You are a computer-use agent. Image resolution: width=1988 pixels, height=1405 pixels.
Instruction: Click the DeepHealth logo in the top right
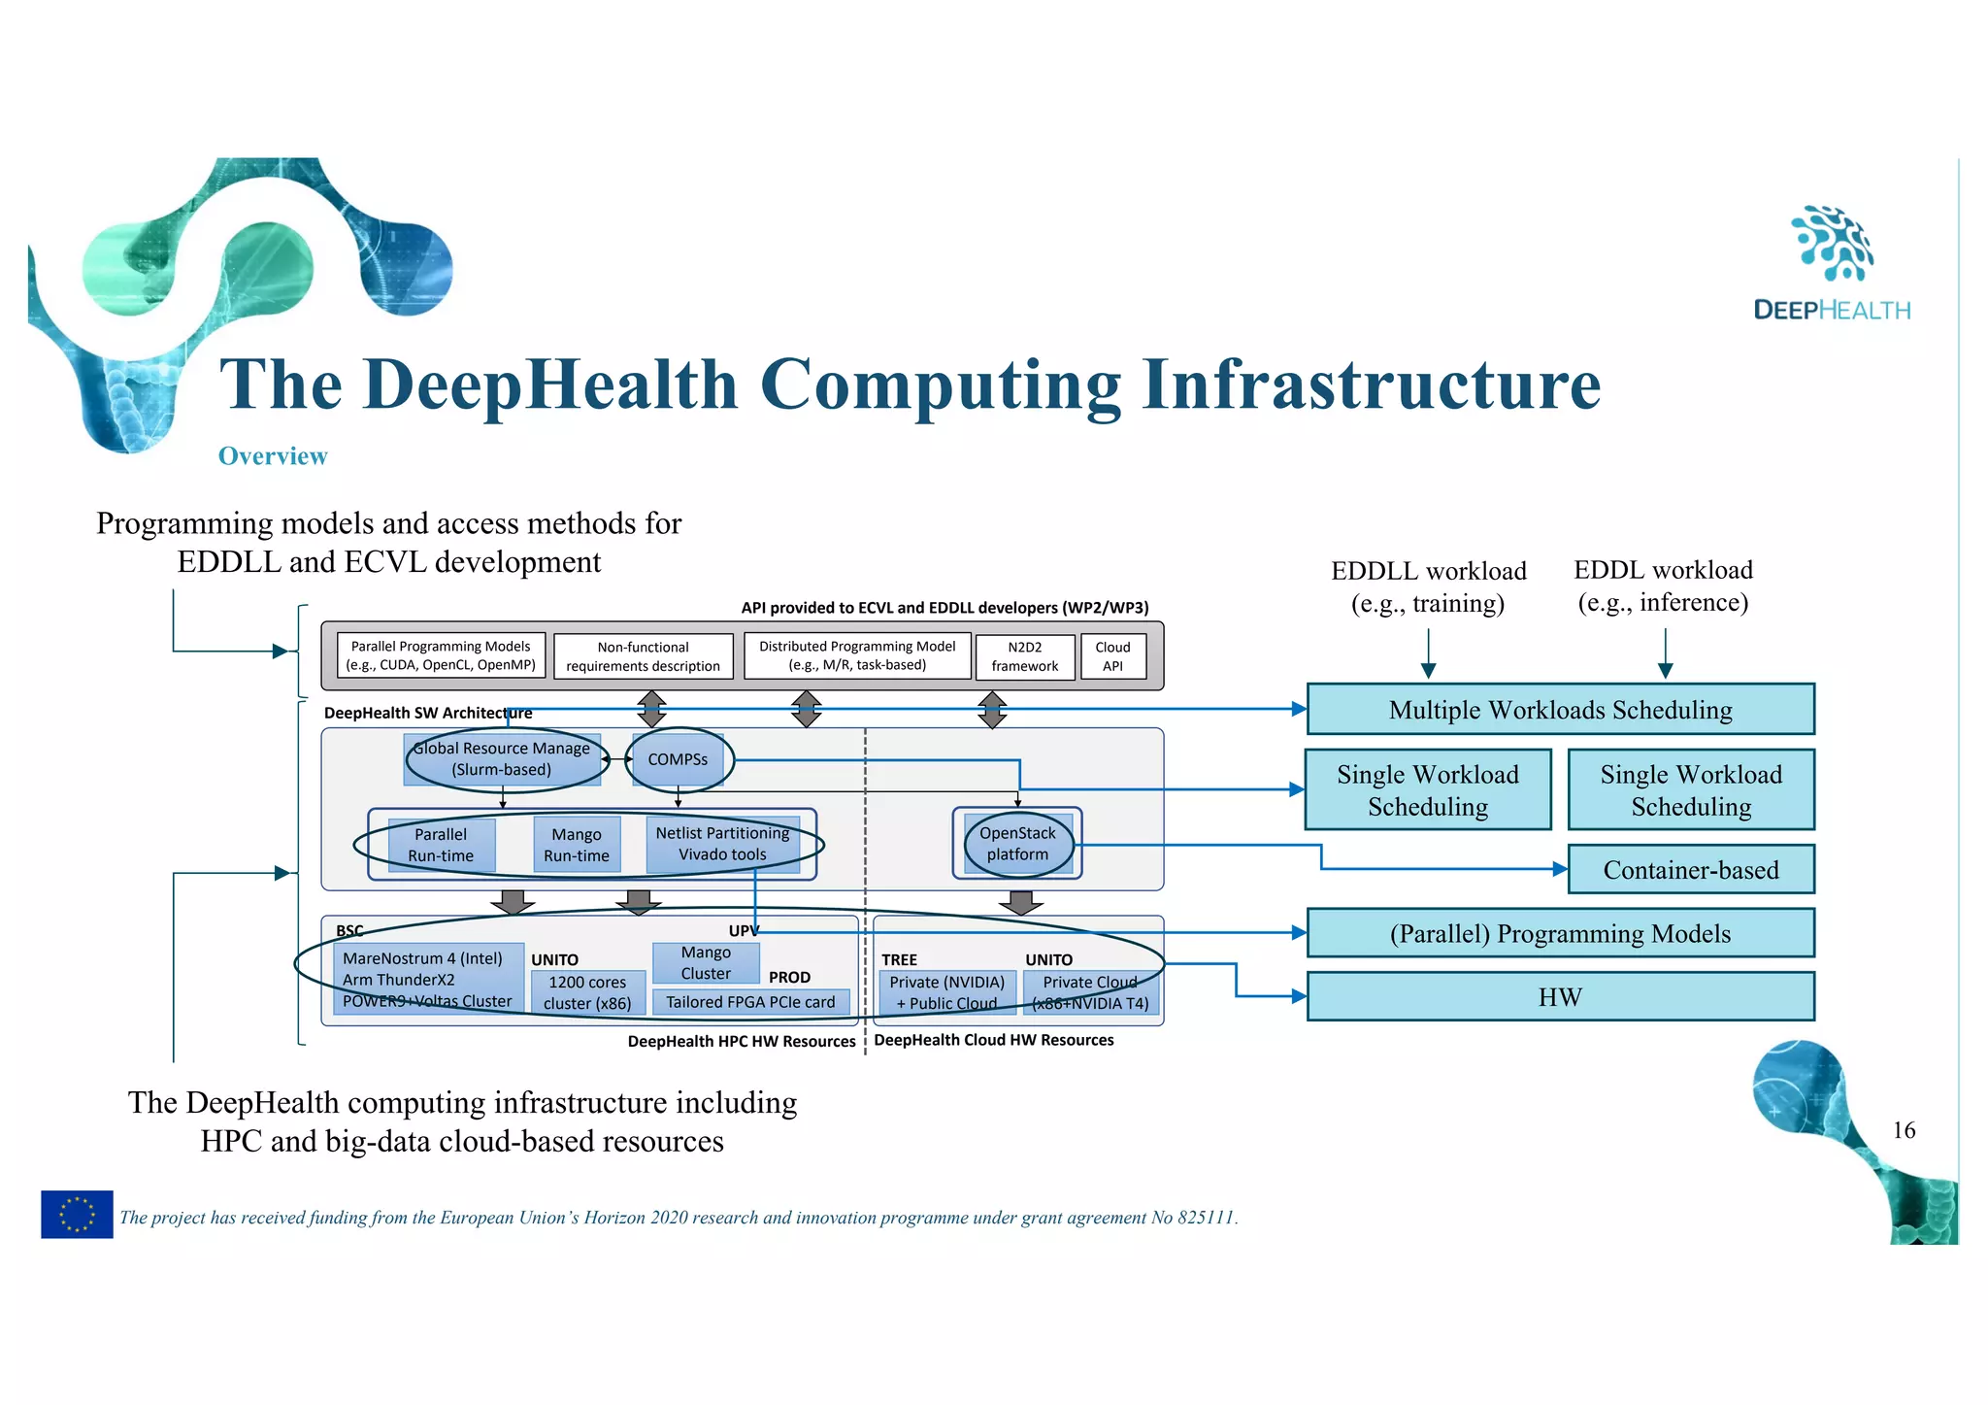tap(1832, 263)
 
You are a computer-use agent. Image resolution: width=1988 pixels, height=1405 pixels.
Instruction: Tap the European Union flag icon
tap(77, 1214)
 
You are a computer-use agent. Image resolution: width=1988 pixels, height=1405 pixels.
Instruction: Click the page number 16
tap(1904, 1130)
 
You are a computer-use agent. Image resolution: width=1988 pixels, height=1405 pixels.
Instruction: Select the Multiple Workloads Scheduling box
tap(1560, 710)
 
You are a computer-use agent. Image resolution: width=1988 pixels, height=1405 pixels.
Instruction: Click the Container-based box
tap(1690, 870)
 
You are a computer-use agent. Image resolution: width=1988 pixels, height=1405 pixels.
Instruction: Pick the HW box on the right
tap(1560, 997)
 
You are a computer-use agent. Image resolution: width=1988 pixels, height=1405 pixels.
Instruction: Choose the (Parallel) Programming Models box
tap(1560, 934)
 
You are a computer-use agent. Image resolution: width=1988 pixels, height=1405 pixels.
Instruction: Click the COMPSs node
tap(678, 759)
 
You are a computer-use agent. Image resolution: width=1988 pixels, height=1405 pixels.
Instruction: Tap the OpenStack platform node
tap(1017, 844)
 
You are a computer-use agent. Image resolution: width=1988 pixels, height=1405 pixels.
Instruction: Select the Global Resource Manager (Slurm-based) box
tap(502, 759)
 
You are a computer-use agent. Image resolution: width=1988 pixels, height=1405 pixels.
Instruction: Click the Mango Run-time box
tap(577, 845)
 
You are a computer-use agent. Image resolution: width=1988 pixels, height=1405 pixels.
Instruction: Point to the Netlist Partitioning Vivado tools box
tap(722, 844)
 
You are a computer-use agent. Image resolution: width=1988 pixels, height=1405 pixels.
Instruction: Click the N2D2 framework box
tap(1025, 656)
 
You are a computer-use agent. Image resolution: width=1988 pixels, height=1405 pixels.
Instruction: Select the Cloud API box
tap(1112, 656)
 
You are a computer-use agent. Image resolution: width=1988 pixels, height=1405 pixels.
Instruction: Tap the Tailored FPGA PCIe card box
tap(750, 1002)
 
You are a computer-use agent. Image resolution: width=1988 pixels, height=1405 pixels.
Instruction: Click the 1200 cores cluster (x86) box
tap(587, 992)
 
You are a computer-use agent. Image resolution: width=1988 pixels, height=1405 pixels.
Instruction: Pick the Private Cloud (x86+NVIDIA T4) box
tap(1090, 992)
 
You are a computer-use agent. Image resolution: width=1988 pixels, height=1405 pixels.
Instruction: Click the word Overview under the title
tap(273, 456)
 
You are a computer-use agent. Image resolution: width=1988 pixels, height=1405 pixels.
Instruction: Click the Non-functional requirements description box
tap(643, 656)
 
